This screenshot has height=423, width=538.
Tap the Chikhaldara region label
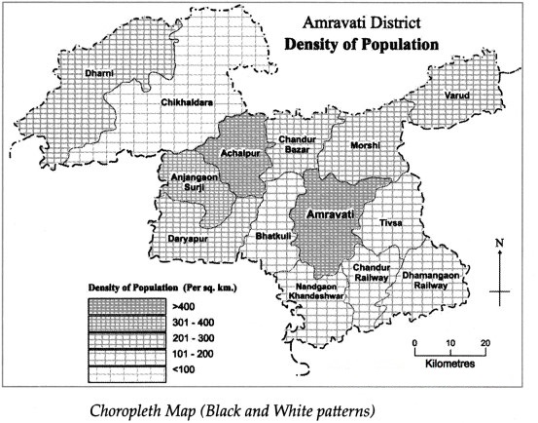click(x=187, y=100)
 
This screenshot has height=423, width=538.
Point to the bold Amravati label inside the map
click(x=330, y=213)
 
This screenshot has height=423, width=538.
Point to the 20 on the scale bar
click(x=484, y=343)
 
